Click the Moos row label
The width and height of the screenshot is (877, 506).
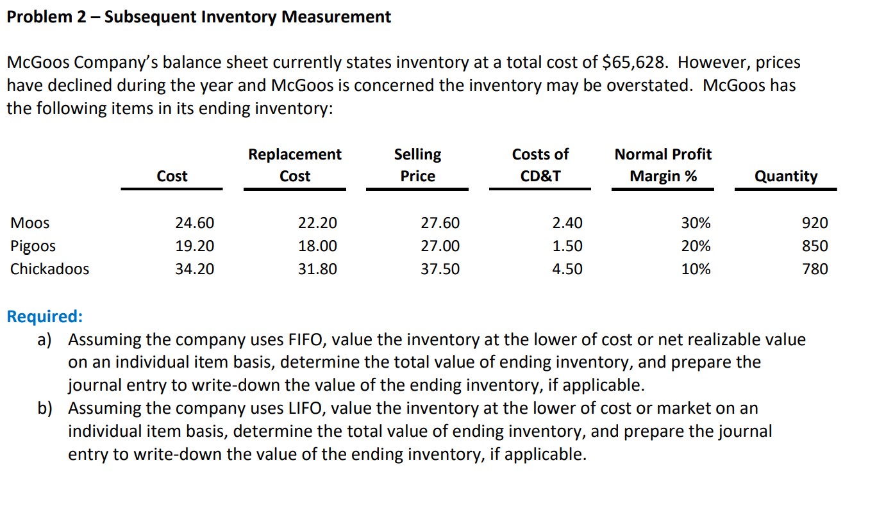[x=29, y=224]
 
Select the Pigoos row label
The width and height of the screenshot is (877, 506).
[x=33, y=247]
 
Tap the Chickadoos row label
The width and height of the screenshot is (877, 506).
[x=49, y=269]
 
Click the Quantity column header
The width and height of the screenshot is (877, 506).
[x=785, y=176]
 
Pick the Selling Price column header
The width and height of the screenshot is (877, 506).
[x=417, y=165]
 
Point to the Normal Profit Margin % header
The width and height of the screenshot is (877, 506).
[x=663, y=165]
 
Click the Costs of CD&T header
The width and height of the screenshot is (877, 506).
[x=540, y=165]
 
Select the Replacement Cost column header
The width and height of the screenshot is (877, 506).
[x=295, y=165]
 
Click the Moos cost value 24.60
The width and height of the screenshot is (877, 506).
[x=195, y=224]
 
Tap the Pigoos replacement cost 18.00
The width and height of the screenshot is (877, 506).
[x=317, y=247]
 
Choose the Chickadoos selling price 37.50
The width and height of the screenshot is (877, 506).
[x=440, y=269]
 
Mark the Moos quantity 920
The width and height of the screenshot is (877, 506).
[x=815, y=224]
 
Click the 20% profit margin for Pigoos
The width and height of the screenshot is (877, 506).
[x=696, y=247]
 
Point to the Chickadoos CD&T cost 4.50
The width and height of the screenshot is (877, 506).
[x=567, y=269]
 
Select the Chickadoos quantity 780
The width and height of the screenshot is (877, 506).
[x=815, y=269]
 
